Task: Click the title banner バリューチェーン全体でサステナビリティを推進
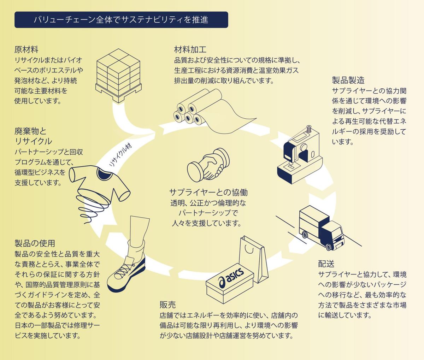[121, 20]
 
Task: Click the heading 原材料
[26, 49]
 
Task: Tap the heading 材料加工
[190, 49]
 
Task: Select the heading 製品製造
[348, 80]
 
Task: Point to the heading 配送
[326, 264]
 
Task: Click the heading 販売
[167, 305]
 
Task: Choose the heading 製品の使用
[35, 243]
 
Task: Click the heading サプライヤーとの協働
[208, 193]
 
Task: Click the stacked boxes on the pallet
[118, 74]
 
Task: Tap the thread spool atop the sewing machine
[309, 129]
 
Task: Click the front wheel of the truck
[330, 246]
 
